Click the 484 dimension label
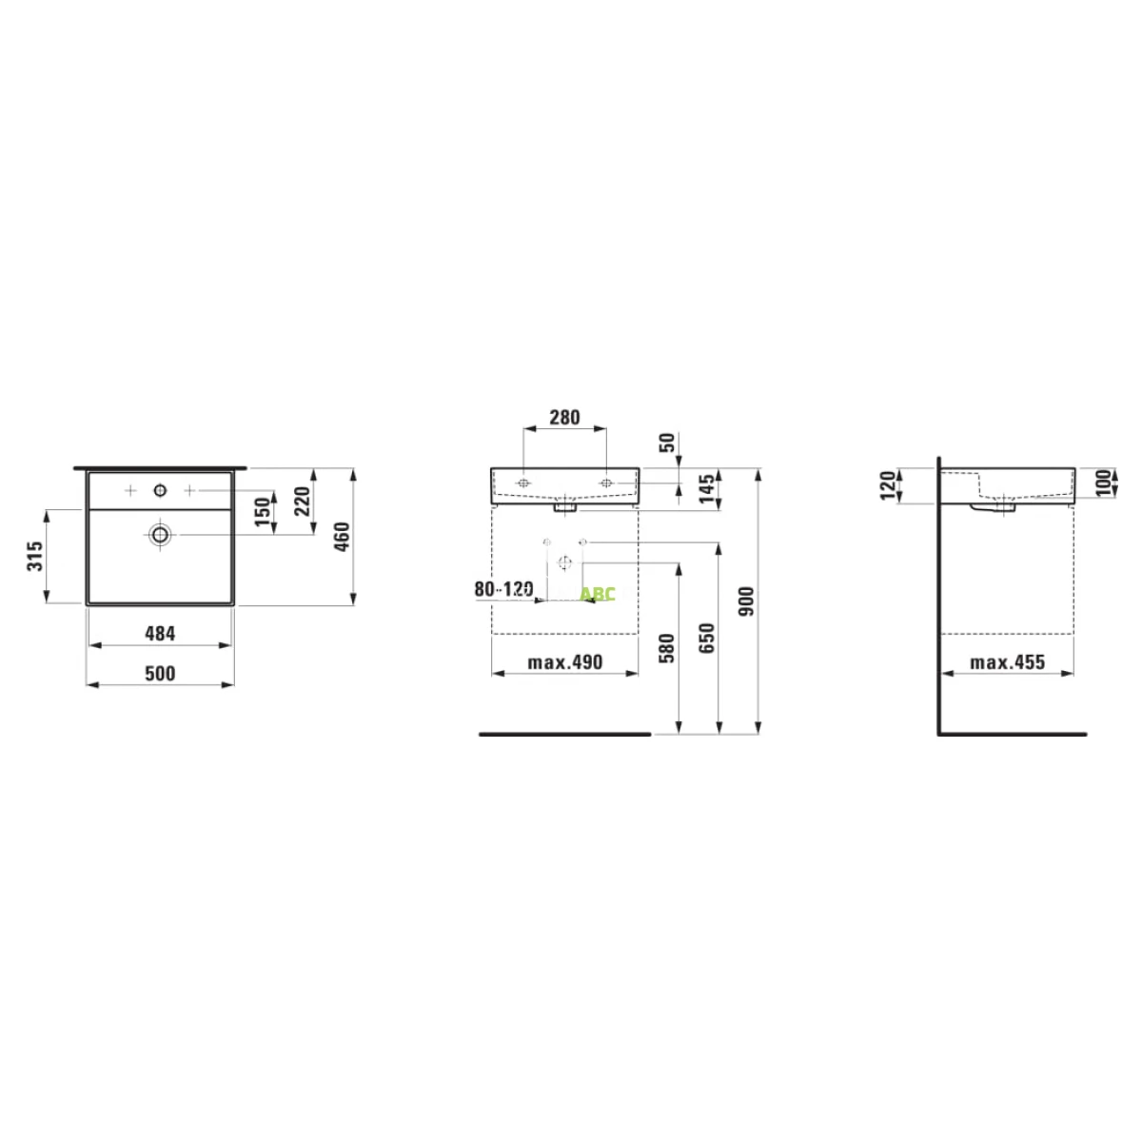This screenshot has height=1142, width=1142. click(x=160, y=634)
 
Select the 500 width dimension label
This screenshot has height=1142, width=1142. click(x=160, y=674)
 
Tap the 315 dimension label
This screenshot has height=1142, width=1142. click(x=35, y=555)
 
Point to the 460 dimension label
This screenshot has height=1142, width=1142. click(x=342, y=537)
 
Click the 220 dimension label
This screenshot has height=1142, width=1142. click(x=303, y=501)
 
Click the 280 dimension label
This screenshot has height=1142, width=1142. click(x=564, y=418)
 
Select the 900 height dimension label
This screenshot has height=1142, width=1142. click(x=747, y=601)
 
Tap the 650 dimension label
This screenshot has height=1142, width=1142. click(x=707, y=639)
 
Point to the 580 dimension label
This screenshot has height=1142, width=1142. click(x=667, y=648)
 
